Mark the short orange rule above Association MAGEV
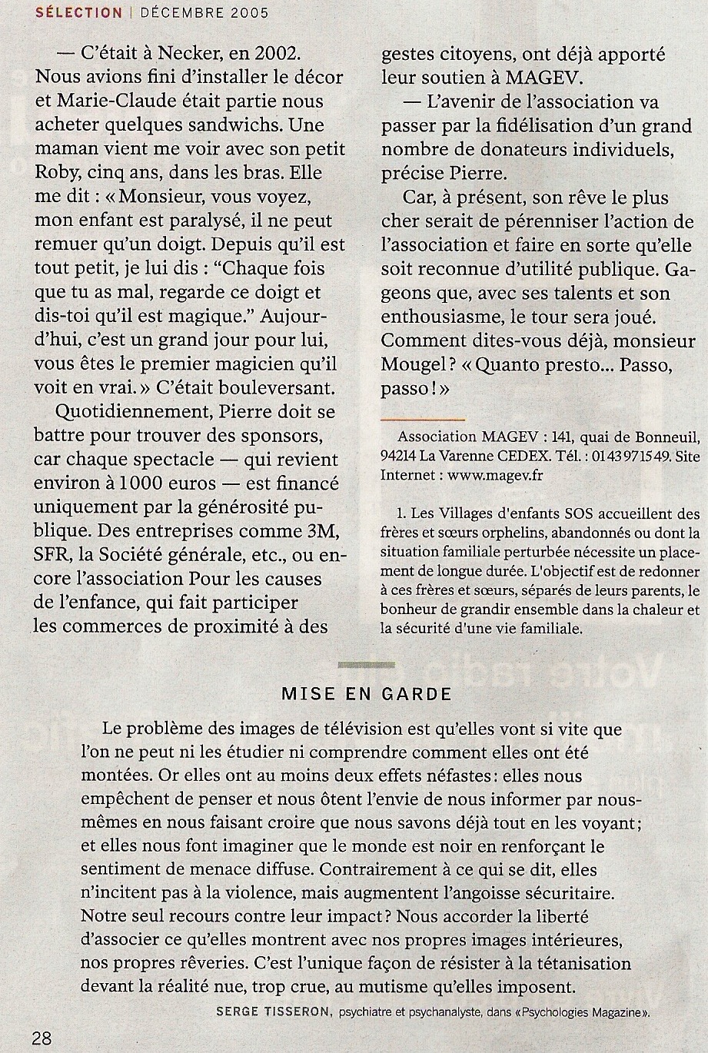click(422, 420)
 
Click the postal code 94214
click(401, 454)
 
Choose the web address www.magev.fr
click(495, 474)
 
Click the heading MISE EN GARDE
click(366, 693)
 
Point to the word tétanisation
click(570, 963)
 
